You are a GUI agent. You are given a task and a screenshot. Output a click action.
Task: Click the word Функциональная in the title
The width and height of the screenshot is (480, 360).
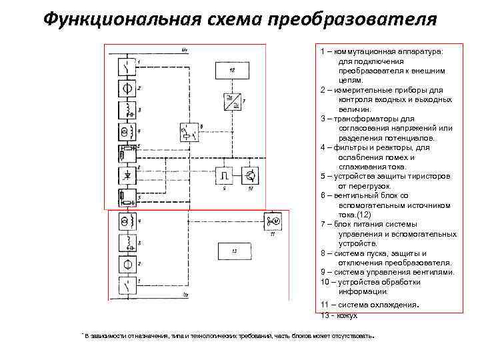pos(116,18)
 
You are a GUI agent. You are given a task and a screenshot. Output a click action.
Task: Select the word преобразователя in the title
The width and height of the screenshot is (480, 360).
pos(353,18)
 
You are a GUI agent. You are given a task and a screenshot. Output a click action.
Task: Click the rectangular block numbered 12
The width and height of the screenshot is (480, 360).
pos(231,70)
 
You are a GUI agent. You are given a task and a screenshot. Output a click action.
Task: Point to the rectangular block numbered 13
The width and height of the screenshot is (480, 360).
pos(234,251)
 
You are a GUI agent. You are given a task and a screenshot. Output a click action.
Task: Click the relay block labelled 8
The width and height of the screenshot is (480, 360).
pos(189,132)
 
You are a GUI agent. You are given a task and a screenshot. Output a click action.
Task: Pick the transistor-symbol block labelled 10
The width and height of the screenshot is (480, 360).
pos(251,175)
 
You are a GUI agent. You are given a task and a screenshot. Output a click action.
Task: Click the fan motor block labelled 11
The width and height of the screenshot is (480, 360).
pos(272,221)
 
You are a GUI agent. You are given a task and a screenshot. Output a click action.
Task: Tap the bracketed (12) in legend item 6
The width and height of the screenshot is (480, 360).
pos(361,215)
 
